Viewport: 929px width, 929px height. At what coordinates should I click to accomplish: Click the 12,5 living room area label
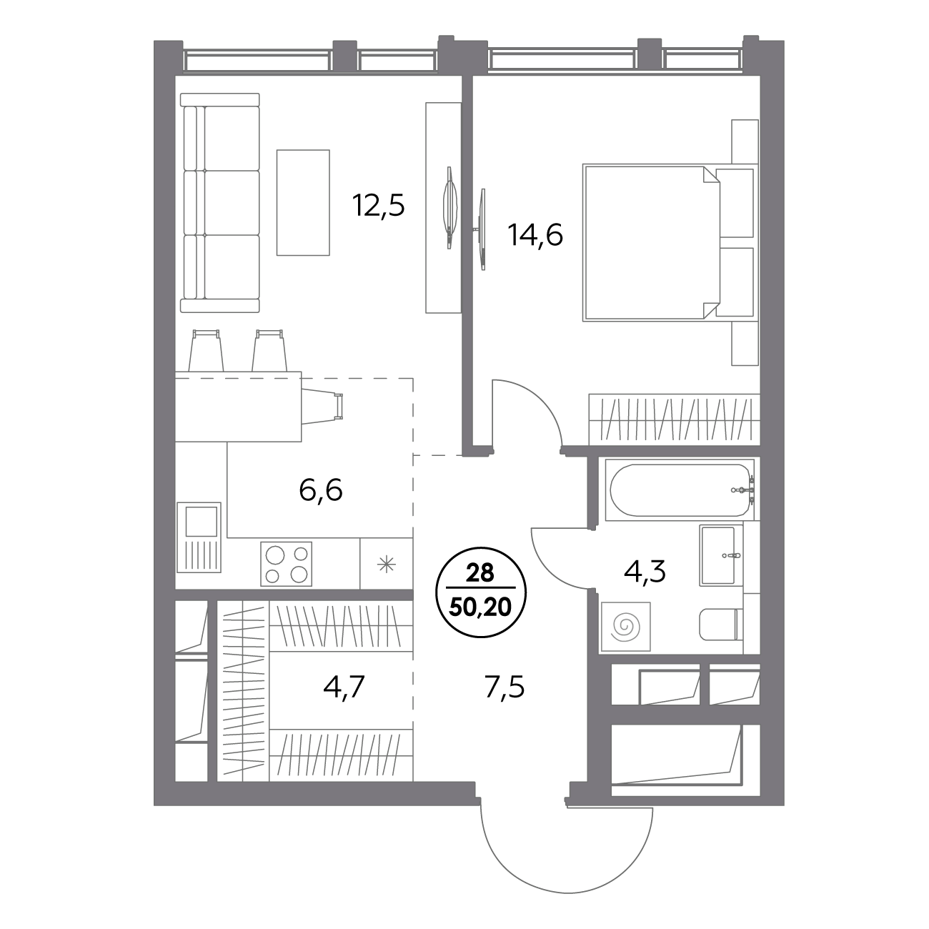[378, 205]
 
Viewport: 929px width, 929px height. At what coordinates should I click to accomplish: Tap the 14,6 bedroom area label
[535, 235]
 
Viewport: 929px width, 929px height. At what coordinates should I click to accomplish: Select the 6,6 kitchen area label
[321, 491]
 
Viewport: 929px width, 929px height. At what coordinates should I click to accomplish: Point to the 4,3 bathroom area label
[645, 572]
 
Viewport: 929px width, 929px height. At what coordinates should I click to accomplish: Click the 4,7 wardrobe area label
[344, 687]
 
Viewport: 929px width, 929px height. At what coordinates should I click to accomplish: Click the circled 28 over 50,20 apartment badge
[481, 596]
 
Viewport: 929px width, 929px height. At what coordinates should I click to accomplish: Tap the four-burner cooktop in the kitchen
[286, 564]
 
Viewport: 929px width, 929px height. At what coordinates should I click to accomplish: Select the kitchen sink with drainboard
[199, 537]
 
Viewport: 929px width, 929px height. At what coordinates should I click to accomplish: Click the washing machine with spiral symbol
[626, 626]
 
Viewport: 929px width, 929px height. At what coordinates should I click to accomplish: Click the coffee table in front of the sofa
[303, 202]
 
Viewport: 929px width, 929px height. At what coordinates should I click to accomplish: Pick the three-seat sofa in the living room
[220, 203]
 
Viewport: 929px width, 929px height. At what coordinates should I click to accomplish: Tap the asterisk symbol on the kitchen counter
[386, 564]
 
